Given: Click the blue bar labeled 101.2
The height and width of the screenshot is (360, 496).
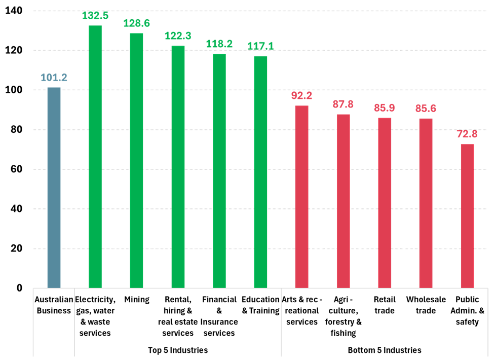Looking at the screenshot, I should pyautogui.click(x=54, y=188).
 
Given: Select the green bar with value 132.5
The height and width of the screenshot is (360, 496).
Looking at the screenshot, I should pyautogui.click(x=95, y=157).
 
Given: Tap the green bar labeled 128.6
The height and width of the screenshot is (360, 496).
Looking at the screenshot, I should pyautogui.click(x=136, y=160).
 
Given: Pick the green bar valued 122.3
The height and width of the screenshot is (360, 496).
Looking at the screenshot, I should pyautogui.click(x=178, y=167).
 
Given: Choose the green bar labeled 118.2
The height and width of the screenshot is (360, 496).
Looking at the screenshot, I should pyautogui.click(x=219, y=171).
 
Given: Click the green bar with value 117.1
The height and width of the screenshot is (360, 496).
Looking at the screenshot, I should pyautogui.click(x=260, y=172).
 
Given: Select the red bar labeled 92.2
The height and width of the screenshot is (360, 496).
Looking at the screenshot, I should pyautogui.click(x=301, y=197).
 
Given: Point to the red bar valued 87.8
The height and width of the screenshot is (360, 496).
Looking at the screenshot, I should pyautogui.click(x=343, y=201).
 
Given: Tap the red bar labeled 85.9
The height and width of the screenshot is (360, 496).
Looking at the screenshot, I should pyautogui.click(x=385, y=203).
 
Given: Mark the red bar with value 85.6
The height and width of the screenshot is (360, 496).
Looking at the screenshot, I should pyautogui.click(x=426, y=203).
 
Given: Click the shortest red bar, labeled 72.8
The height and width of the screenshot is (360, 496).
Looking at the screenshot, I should pyautogui.click(x=467, y=216).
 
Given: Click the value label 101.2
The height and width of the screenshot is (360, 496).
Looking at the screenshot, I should pyautogui.click(x=54, y=78).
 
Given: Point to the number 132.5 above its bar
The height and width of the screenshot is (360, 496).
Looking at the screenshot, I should pyautogui.click(x=95, y=16).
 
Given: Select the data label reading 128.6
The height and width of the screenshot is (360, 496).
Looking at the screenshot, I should pyautogui.click(x=136, y=23).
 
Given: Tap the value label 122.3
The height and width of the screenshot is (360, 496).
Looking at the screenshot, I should pyautogui.click(x=178, y=36).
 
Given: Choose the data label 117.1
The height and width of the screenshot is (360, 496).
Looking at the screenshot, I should pyautogui.click(x=260, y=46).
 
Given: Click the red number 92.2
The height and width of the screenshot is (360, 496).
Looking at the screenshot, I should pyautogui.click(x=301, y=96).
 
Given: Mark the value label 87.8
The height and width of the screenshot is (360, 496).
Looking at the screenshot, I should pyautogui.click(x=343, y=104).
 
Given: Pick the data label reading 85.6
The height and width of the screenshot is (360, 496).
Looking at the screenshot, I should pyautogui.click(x=426, y=109).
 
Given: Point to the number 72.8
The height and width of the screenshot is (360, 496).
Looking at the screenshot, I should pyautogui.click(x=467, y=134).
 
